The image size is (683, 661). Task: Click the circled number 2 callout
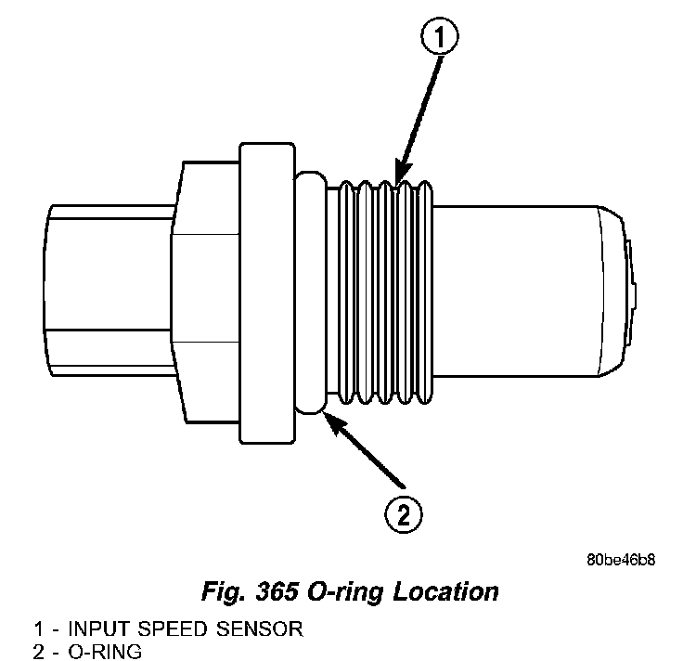405,513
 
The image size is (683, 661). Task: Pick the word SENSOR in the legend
255,629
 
